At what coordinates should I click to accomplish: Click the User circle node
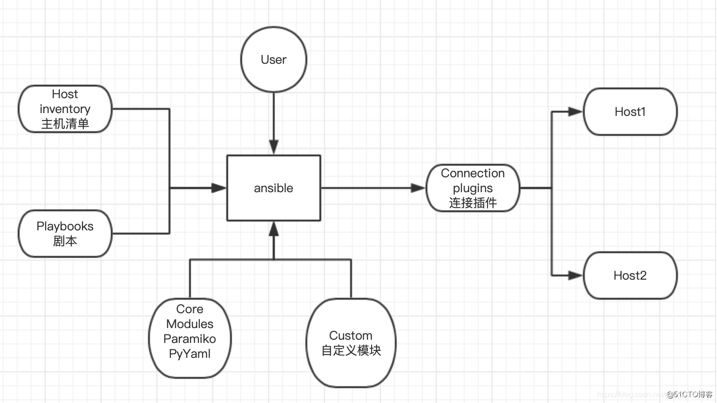click(273, 60)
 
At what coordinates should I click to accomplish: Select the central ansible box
click(273, 188)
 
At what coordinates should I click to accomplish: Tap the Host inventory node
click(65, 109)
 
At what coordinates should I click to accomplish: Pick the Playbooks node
click(65, 233)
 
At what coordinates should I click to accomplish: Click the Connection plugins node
click(473, 188)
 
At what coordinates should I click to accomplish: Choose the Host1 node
click(630, 112)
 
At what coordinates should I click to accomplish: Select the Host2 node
click(630, 275)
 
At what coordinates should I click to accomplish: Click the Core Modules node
click(190, 338)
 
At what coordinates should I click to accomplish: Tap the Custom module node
click(351, 343)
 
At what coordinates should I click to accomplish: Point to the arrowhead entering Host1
click(575, 112)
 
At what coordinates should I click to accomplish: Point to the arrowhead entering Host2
click(575, 275)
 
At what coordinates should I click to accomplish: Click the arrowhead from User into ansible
click(274, 147)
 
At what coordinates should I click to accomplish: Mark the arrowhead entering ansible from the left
click(219, 188)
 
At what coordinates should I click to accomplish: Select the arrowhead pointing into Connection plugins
click(418, 188)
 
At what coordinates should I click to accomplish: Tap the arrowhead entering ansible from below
click(274, 229)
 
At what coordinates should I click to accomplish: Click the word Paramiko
click(190, 339)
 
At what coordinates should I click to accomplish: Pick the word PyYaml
click(190, 354)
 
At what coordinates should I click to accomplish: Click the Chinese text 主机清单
click(65, 124)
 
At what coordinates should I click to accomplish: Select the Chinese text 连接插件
click(473, 203)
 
